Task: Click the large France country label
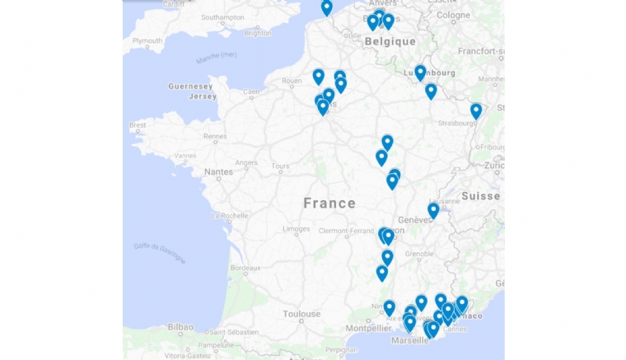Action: pos(329,203)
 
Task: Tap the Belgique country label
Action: pos(390,41)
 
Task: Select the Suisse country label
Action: pos(480,196)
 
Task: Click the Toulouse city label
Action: pos(301,314)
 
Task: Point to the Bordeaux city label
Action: pos(245,268)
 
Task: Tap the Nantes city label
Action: pos(219,171)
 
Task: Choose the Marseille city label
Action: pos(410,340)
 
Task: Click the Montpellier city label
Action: pos(367,327)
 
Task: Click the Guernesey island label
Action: pos(191,86)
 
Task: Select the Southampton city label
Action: pos(222,16)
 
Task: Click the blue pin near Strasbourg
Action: pos(476,110)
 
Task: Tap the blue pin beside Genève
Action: pos(433,210)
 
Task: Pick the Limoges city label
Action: pos(297,229)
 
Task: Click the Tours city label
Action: pos(280,166)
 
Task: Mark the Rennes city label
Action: pos(215,137)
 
